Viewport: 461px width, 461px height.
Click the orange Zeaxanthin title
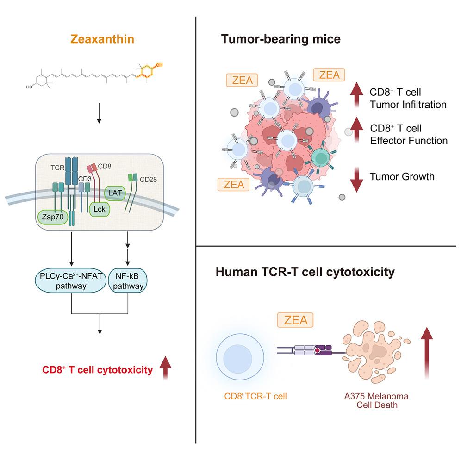click(99, 39)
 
